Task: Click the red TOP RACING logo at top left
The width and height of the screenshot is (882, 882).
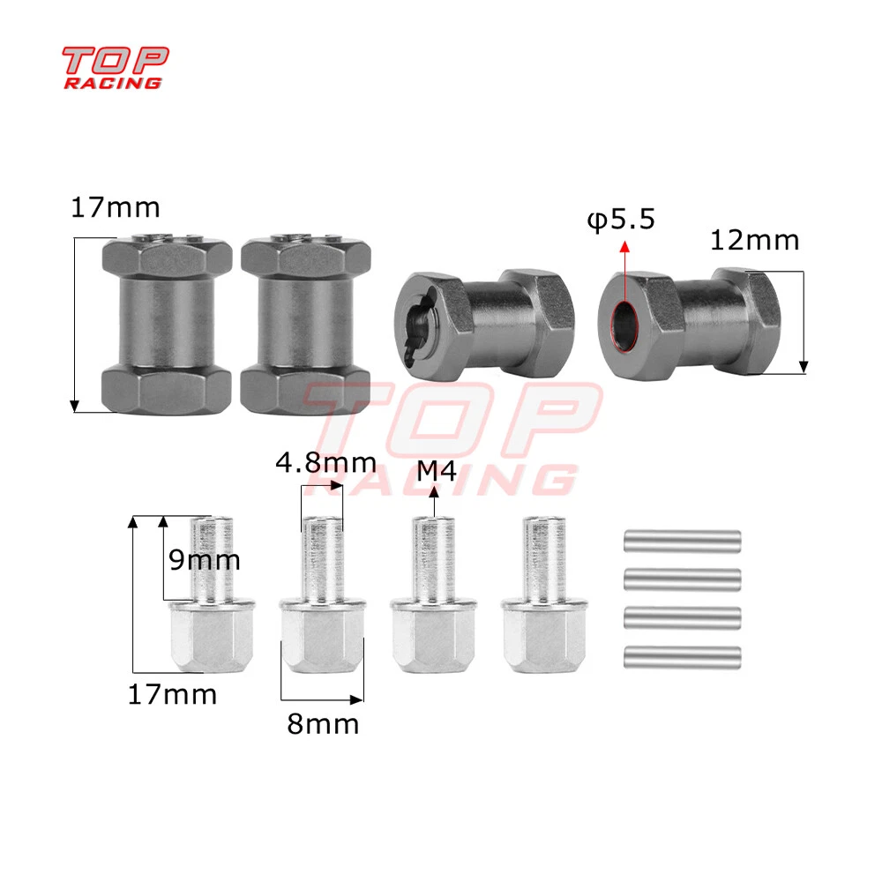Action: [115, 68]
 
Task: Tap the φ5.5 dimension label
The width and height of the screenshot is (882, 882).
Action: [621, 220]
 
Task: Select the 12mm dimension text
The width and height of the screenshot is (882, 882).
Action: [754, 241]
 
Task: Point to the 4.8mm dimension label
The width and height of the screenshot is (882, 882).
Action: [325, 463]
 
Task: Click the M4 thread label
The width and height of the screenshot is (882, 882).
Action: [437, 471]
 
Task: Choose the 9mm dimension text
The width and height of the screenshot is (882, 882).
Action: [205, 560]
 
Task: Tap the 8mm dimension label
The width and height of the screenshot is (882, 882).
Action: [323, 724]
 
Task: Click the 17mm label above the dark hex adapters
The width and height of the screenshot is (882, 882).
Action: [116, 207]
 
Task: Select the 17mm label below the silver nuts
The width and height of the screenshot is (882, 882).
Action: [172, 695]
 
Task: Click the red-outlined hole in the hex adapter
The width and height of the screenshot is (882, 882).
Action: [624, 325]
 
